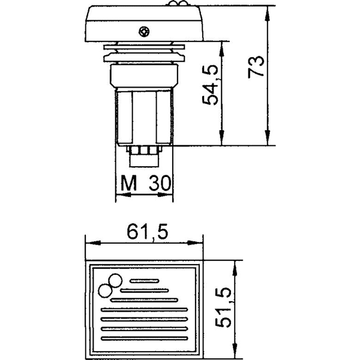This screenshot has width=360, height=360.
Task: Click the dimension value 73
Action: point(256,67)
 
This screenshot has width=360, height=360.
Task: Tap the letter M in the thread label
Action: point(125,182)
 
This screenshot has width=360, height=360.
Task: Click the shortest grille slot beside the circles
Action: point(143,280)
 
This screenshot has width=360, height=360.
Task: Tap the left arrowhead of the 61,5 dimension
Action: point(90,244)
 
